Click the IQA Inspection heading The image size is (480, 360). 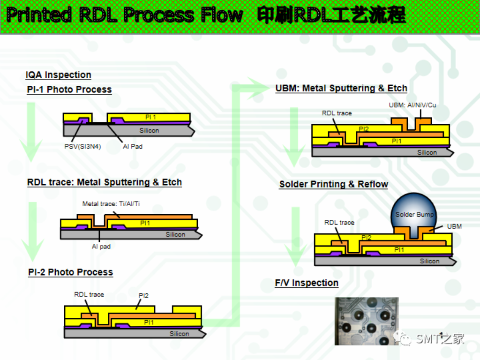pos(58,75)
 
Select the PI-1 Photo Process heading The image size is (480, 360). pos(69,90)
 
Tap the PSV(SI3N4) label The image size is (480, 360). pos(82,146)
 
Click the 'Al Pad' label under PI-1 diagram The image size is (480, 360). pos(133,146)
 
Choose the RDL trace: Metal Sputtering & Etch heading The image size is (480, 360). pos(105,182)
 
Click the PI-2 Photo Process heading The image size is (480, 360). pos(70,272)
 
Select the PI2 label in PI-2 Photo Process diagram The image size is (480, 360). pos(143,296)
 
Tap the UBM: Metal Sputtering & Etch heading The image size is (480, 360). pos(341,88)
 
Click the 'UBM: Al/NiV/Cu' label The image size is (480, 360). pos(412,105)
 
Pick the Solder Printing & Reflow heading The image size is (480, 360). pos(334,184)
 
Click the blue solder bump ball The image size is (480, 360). pos(414,210)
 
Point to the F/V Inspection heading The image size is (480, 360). pos(307,283)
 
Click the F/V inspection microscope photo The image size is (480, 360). pos(366,321)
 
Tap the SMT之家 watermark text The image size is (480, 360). pos(440,338)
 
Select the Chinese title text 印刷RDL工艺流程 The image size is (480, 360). pos(331,16)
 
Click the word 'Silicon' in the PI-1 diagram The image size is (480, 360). pos(149,130)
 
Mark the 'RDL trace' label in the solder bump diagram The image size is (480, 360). pos(339,222)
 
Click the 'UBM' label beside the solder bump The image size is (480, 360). pos(454,226)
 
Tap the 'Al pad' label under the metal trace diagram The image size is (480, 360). pos(101,247)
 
